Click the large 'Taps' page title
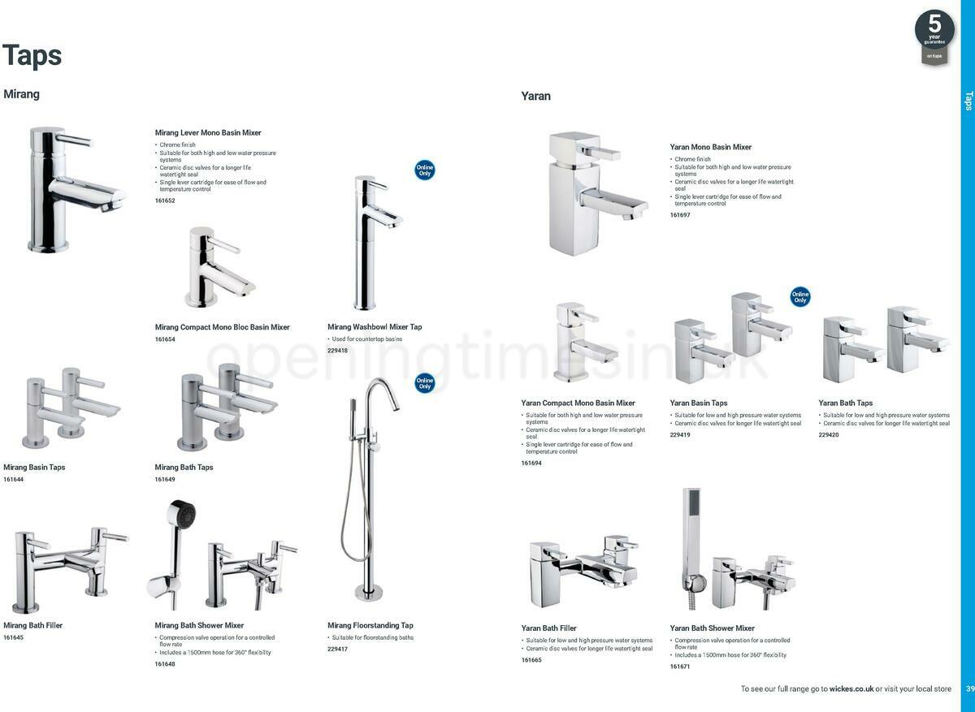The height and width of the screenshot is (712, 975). click(32, 55)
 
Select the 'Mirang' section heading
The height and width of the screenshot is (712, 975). click(22, 94)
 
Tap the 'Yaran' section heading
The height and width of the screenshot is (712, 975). click(535, 96)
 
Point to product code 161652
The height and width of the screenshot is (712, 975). click(165, 201)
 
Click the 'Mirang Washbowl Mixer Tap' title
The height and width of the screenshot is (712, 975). click(375, 327)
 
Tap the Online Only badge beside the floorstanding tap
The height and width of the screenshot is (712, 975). click(424, 382)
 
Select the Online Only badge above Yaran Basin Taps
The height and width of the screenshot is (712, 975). click(800, 297)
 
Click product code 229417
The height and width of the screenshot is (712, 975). click(337, 649)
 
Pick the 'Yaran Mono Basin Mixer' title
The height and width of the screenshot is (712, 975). click(711, 147)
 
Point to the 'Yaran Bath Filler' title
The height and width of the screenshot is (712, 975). click(548, 628)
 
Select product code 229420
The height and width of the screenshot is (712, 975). click(829, 435)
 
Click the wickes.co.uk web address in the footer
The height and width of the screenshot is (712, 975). click(851, 689)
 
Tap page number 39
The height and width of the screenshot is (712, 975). click(969, 689)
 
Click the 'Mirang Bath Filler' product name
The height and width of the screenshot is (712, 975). click(32, 626)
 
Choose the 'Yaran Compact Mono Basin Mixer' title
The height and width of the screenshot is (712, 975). click(578, 403)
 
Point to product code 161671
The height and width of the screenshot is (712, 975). click(680, 667)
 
